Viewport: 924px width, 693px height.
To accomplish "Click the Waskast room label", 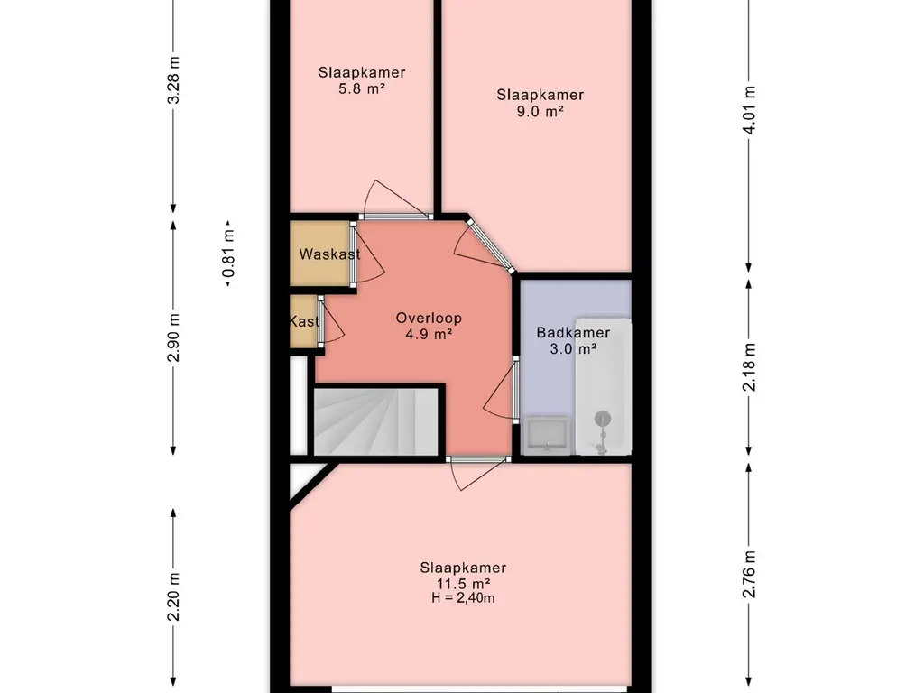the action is tap(329, 254).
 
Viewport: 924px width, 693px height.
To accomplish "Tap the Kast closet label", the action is tap(304, 321).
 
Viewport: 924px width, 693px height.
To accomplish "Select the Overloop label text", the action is tap(429, 319).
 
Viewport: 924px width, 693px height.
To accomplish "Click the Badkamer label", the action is tap(573, 332).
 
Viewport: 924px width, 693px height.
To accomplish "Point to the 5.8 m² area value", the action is tap(362, 89).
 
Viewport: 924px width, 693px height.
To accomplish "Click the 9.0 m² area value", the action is tap(540, 111).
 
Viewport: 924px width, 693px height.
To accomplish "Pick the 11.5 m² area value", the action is tap(463, 584).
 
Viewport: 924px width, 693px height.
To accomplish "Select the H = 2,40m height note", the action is tap(463, 598).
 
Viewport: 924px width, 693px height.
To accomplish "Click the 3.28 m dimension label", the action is tap(173, 80).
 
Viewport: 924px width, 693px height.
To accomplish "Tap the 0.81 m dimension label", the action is tap(228, 254).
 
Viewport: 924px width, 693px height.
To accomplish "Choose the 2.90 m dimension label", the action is tap(173, 337).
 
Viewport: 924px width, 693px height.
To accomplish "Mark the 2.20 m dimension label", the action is tap(173, 596).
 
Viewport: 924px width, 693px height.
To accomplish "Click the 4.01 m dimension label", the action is tap(749, 109).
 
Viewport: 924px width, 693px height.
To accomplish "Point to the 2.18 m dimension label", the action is tap(749, 367).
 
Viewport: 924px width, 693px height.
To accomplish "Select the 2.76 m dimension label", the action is tap(749, 574).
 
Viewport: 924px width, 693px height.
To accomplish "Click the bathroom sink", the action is tap(547, 436).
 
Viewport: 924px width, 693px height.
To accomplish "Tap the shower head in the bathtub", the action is tap(602, 419).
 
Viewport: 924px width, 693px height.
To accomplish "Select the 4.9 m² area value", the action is tap(429, 334).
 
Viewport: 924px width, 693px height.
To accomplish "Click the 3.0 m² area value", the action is tap(573, 348).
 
